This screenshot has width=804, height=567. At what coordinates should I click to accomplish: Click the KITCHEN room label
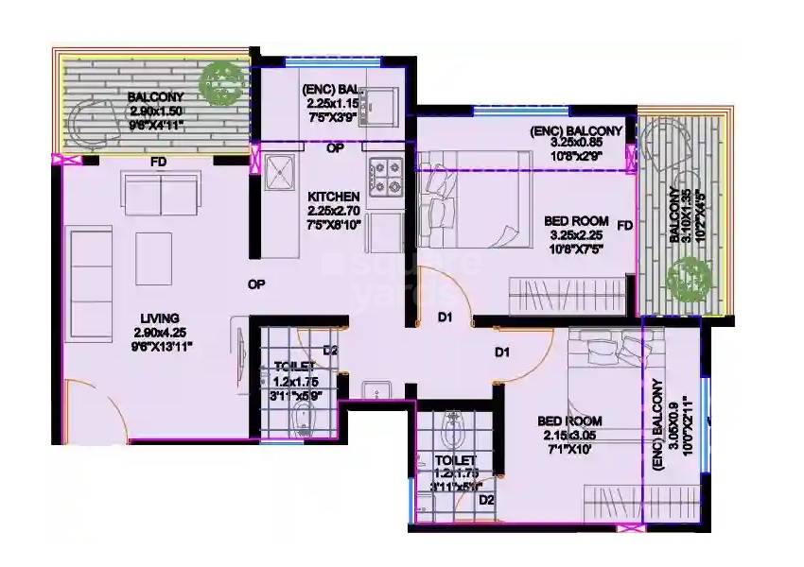(x=333, y=196)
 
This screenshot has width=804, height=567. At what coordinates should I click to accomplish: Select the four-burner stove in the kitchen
(x=388, y=174)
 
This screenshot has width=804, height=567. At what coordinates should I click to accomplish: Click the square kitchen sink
(x=281, y=171)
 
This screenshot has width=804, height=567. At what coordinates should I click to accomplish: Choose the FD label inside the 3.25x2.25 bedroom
(x=623, y=226)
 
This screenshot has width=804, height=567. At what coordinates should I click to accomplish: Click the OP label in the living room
(x=255, y=283)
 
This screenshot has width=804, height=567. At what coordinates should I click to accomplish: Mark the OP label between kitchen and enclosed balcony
(x=334, y=148)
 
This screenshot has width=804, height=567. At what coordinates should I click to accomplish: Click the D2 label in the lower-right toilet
(x=485, y=500)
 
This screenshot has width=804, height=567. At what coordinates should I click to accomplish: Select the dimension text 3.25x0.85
(x=576, y=144)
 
